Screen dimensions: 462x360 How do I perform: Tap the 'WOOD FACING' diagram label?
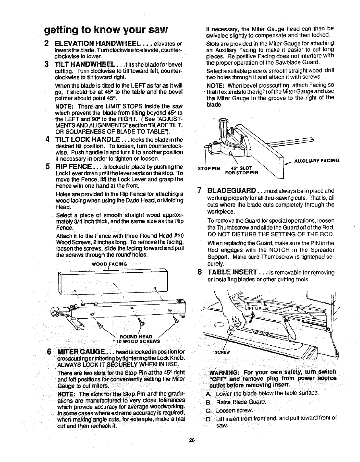[x=109, y=264]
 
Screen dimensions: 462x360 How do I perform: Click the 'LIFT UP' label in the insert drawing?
[x=253, y=308]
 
